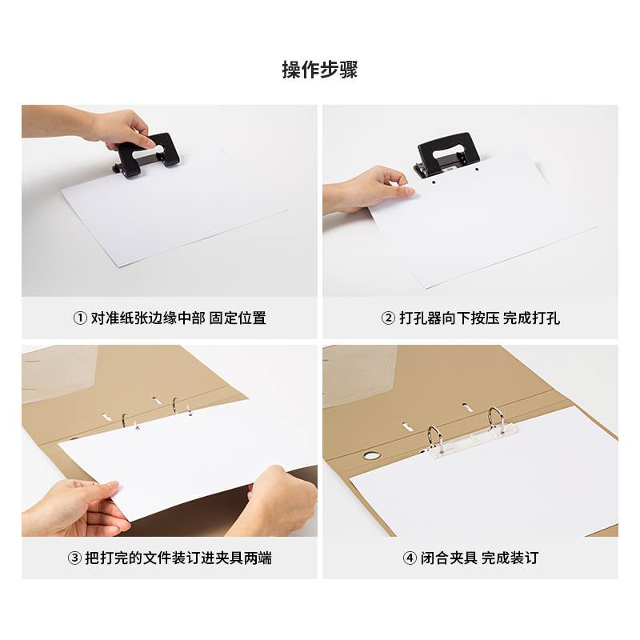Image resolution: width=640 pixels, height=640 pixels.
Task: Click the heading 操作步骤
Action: (x=319, y=70)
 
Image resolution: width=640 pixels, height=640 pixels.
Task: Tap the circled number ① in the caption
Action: (x=80, y=318)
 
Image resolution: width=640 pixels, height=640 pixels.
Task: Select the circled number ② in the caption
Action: (x=388, y=318)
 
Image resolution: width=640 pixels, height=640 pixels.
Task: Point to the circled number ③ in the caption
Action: (x=74, y=558)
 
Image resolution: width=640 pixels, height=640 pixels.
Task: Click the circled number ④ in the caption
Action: (x=410, y=558)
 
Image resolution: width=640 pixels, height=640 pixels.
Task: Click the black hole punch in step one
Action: (x=146, y=155)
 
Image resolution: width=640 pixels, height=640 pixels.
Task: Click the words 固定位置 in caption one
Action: (x=238, y=318)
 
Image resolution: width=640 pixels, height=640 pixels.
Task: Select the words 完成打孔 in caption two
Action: (x=531, y=318)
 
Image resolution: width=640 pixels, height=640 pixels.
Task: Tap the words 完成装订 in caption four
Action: (x=510, y=558)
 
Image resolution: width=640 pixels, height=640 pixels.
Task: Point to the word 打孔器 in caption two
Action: (x=421, y=318)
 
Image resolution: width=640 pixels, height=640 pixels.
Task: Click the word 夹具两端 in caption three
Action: (x=244, y=558)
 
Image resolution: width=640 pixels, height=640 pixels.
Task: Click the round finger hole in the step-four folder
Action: (x=370, y=455)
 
